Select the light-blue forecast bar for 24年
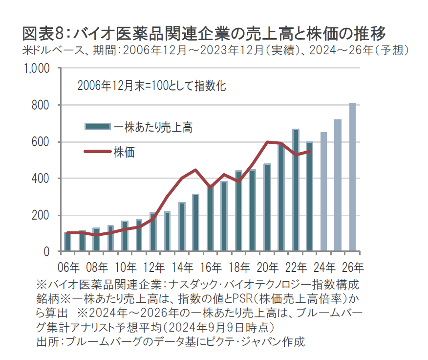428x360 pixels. [323, 192]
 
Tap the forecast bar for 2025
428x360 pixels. [338, 185]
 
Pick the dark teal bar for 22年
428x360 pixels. [295, 191]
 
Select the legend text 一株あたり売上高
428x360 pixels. [153, 127]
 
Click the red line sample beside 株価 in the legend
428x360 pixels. [97, 151]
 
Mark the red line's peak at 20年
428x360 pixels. [267, 142]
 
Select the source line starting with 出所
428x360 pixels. [171, 341]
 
